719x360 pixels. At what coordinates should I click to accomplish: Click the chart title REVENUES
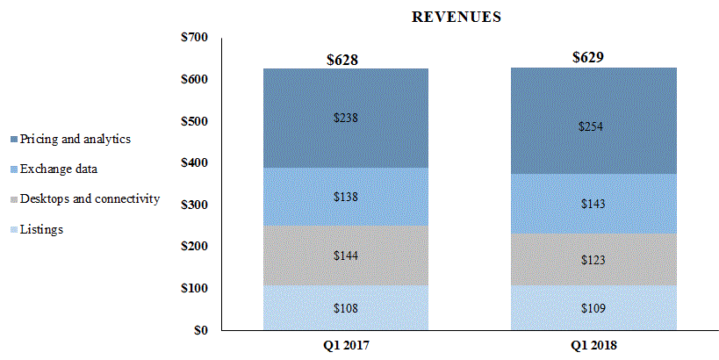457,17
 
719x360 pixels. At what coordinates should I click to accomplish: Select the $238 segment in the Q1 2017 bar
345,118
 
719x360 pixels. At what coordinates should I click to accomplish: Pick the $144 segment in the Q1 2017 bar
345,256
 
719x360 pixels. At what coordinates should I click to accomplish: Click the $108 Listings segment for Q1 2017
345,308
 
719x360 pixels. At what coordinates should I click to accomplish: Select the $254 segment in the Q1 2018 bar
593,126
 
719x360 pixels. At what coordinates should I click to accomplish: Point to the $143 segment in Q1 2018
593,204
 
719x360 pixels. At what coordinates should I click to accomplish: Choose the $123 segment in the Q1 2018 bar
593,261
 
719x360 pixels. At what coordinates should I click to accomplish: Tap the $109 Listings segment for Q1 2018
593,308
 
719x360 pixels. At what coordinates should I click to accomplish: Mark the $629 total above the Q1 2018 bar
588,58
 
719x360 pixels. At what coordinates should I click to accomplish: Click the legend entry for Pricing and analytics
75,139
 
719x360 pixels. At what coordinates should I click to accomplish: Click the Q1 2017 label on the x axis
345,345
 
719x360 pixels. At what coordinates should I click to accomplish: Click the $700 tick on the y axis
195,38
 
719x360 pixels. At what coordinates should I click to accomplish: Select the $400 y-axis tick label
195,163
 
